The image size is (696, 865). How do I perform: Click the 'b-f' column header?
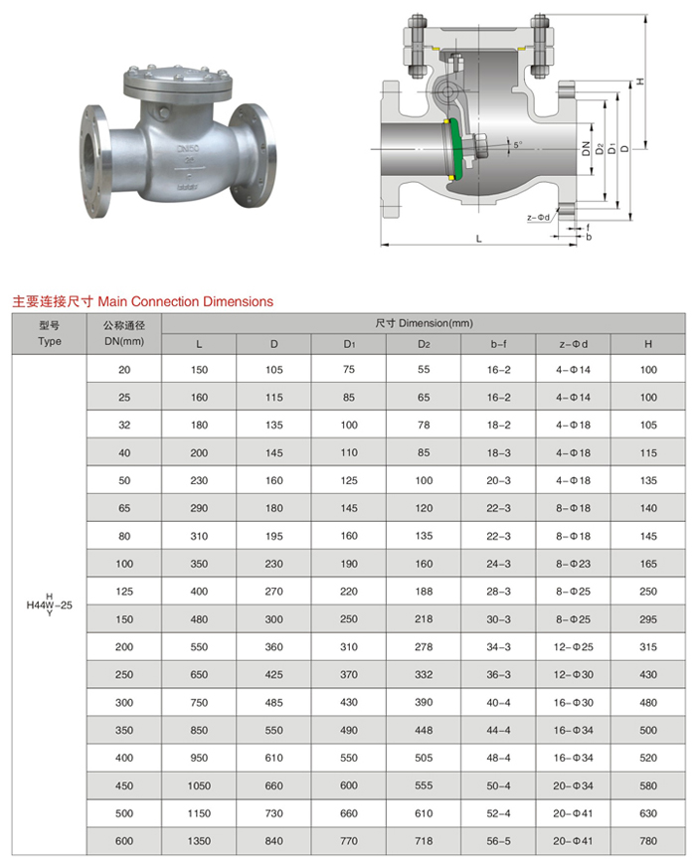point(499,344)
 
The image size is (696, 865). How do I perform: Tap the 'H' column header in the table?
point(648,344)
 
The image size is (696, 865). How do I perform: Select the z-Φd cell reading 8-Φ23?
point(574,564)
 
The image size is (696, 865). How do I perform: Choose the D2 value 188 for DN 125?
point(424,592)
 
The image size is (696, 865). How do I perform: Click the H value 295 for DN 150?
point(648,619)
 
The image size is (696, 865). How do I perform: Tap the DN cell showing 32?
point(124,425)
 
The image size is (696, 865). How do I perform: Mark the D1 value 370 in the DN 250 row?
point(349,675)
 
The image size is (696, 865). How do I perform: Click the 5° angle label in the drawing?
point(517,145)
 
